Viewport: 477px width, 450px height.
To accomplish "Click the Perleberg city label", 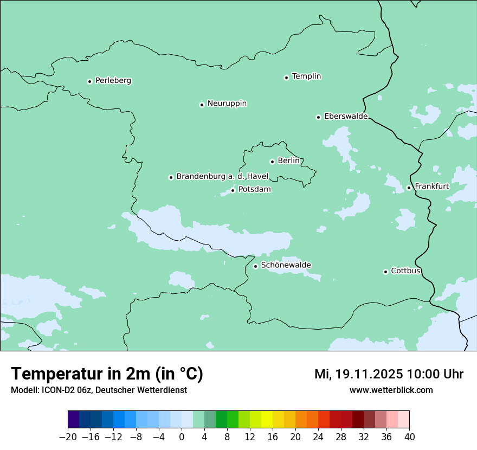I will point(113,81).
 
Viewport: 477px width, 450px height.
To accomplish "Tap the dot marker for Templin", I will point(286,78).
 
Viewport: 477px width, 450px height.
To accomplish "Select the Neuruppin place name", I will point(227,104).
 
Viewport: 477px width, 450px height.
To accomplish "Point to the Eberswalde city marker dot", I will point(318,117).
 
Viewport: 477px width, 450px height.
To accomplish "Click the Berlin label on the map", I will point(288,161).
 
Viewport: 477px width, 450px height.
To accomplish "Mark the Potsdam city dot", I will point(233,190).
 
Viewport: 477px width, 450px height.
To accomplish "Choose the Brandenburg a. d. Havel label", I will point(222,177).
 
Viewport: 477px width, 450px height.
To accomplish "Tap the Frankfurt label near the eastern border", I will point(431,187).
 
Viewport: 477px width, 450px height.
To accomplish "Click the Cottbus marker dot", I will point(385,272).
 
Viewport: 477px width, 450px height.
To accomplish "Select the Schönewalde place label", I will point(286,265).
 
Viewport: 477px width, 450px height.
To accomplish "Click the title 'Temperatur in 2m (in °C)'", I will point(107,374).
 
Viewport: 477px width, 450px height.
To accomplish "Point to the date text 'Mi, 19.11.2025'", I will point(358,374).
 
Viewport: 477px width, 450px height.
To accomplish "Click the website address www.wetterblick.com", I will point(391,390).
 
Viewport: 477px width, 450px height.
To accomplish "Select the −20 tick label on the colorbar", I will point(68,437).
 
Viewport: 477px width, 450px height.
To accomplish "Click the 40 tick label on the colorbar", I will point(409,437).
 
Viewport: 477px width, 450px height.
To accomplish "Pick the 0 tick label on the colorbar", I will point(182,437).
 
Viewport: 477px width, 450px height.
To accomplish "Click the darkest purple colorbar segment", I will point(73,420).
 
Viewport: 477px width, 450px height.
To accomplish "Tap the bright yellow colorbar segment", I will point(267,420).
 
